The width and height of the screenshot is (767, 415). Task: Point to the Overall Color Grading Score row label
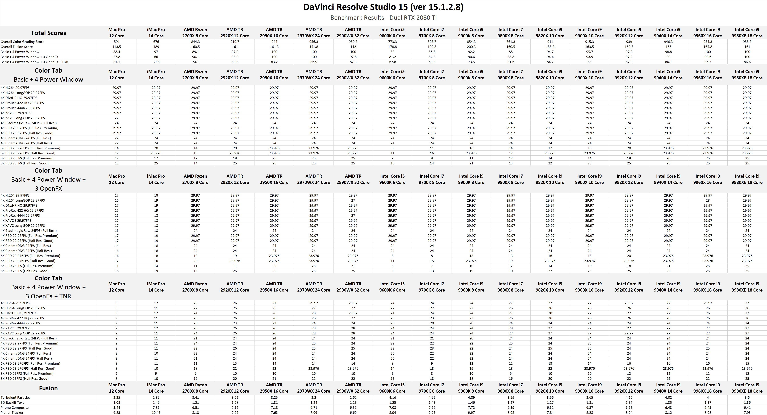click(x=22, y=42)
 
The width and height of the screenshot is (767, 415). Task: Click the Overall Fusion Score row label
click(x=17, y=47)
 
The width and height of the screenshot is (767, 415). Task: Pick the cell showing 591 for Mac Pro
click(x=116, y=42)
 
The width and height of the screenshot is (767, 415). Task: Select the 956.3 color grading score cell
click(x=314, y=42)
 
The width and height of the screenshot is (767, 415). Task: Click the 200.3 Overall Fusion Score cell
click(x=471, y=47)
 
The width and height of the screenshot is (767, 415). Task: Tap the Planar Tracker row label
click(x=12, y=413)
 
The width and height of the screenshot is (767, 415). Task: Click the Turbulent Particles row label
click(x=15, y=397)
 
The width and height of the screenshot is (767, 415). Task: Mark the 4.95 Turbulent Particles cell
click(x=432, y=397)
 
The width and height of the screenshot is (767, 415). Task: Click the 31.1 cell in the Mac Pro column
click(x=116, y=62)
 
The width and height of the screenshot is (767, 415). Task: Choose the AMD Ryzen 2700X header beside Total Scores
click(x=195, y=33)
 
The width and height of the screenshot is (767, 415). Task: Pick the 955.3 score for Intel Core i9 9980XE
click(x=747, y=42)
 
